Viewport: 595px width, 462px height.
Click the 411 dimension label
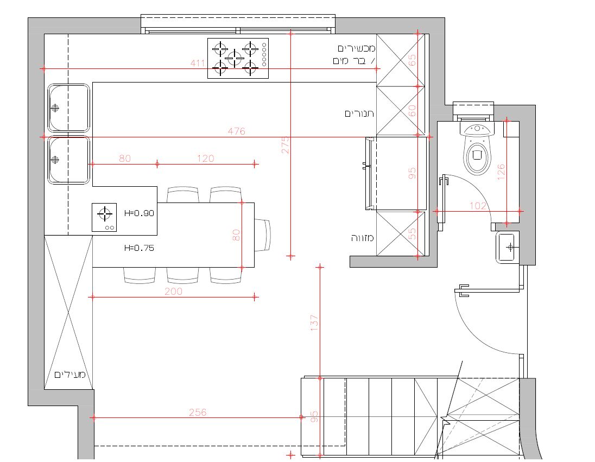point(198,63)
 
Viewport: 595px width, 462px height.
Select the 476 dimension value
point(236,131)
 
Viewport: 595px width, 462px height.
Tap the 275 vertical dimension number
point(286,145)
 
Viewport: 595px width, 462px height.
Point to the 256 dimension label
point(198,412)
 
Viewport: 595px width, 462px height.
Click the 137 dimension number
point(314,323)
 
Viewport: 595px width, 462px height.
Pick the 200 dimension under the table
point(173,292)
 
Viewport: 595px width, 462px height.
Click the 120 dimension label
point(205,159)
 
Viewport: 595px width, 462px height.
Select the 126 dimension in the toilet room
point(501,172)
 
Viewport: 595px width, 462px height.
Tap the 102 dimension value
point(478,206)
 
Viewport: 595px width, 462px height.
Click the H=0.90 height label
point(140,213)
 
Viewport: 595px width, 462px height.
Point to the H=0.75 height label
point(140,248)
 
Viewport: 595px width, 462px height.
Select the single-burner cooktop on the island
point(104,218)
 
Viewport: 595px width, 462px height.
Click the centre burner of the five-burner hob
point(235,58)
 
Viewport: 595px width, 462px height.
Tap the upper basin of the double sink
point(69,108)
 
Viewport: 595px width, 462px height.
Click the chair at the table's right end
point(263,235)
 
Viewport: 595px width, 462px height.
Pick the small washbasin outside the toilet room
point(507,248)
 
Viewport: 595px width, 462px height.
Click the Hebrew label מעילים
point(70,375)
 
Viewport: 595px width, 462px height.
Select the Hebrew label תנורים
point(359,113)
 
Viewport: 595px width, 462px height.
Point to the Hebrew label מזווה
point(363,238)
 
